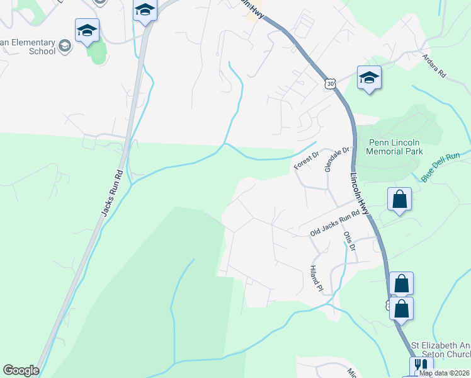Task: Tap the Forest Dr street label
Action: click(x=307, y=160)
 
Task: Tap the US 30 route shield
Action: click(x=331, y=83)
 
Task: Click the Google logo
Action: click(x=21, y=370)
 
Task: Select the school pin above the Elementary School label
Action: click(x=87, y=30)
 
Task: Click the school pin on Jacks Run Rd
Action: click(x=145, y=10)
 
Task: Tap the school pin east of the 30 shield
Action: click(x=369, y=77)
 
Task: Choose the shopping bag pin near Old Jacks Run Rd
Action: click(x=399, y=200)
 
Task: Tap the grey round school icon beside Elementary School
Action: click(x=64, y=45)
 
